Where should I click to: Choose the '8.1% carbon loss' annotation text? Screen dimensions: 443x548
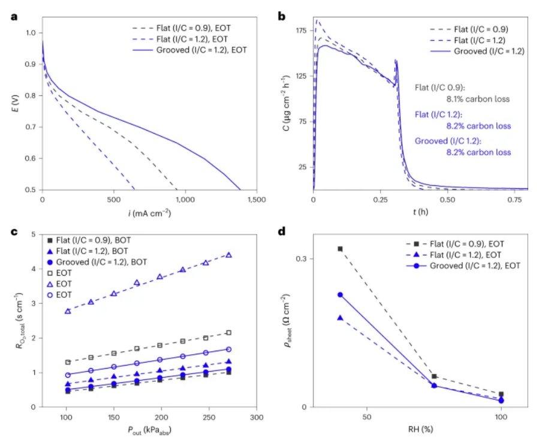(x=478, y=100)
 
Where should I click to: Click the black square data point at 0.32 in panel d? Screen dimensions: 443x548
(x=340, y=249)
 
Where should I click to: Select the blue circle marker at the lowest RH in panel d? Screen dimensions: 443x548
(x=340, y=295)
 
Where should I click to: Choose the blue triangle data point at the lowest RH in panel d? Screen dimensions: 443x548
(x=340, y=318)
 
